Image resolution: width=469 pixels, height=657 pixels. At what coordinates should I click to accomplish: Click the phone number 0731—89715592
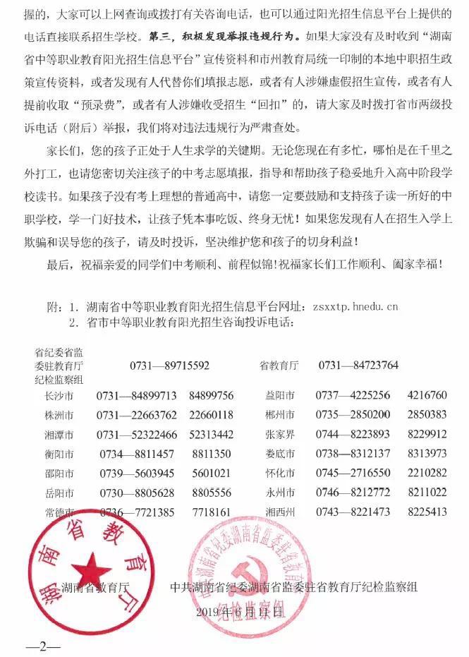click(x=169, y=366)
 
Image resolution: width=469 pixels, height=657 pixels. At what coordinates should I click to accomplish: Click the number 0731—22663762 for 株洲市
click(x=137, y=414)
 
